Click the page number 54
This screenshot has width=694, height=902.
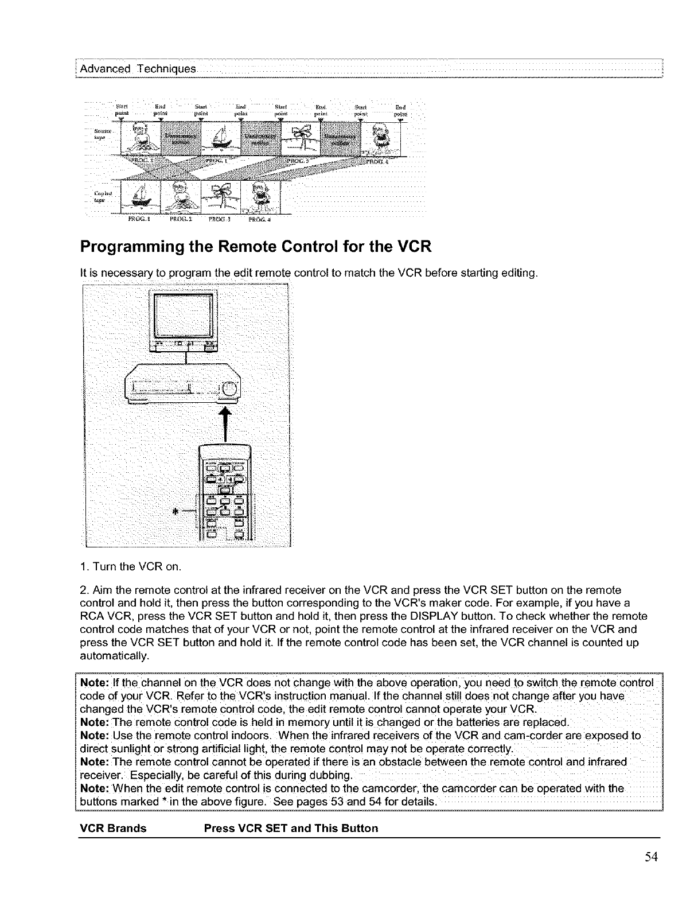650,857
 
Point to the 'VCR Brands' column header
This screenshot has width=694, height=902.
113,828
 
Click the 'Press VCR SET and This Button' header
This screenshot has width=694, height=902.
291,828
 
